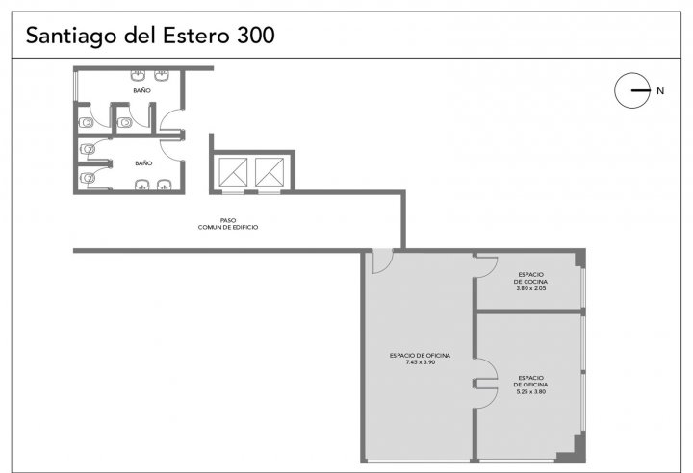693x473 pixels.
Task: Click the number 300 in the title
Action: pos(256,36)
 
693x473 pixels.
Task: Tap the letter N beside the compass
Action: pos(660,91)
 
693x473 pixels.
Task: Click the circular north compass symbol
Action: pos(632,90)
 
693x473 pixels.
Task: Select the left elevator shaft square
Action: pos(233,172)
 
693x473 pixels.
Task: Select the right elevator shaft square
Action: pos(269,172)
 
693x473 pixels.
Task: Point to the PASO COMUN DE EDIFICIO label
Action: pos(228,223)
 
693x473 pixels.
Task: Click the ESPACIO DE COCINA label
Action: pos(530,278)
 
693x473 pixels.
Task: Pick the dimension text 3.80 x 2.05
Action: pos(530,288)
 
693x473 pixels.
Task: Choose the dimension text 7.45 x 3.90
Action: pos(421,362)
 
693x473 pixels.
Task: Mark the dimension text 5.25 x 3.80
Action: pos(530,391)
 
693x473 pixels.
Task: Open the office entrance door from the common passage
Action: pos(382,261)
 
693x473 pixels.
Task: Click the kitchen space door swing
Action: pos(486,266)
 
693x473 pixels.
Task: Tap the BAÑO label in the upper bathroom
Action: pos(141,90)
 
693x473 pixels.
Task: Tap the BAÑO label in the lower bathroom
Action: pos(143,163)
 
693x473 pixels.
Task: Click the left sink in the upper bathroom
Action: pos(138,75)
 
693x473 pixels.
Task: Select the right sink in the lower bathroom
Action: pos(164,185)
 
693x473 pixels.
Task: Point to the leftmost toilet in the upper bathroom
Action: pos(86,122)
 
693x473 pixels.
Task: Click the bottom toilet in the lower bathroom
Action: pos(87,178)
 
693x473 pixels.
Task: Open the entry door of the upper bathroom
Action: pos(171,119)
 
